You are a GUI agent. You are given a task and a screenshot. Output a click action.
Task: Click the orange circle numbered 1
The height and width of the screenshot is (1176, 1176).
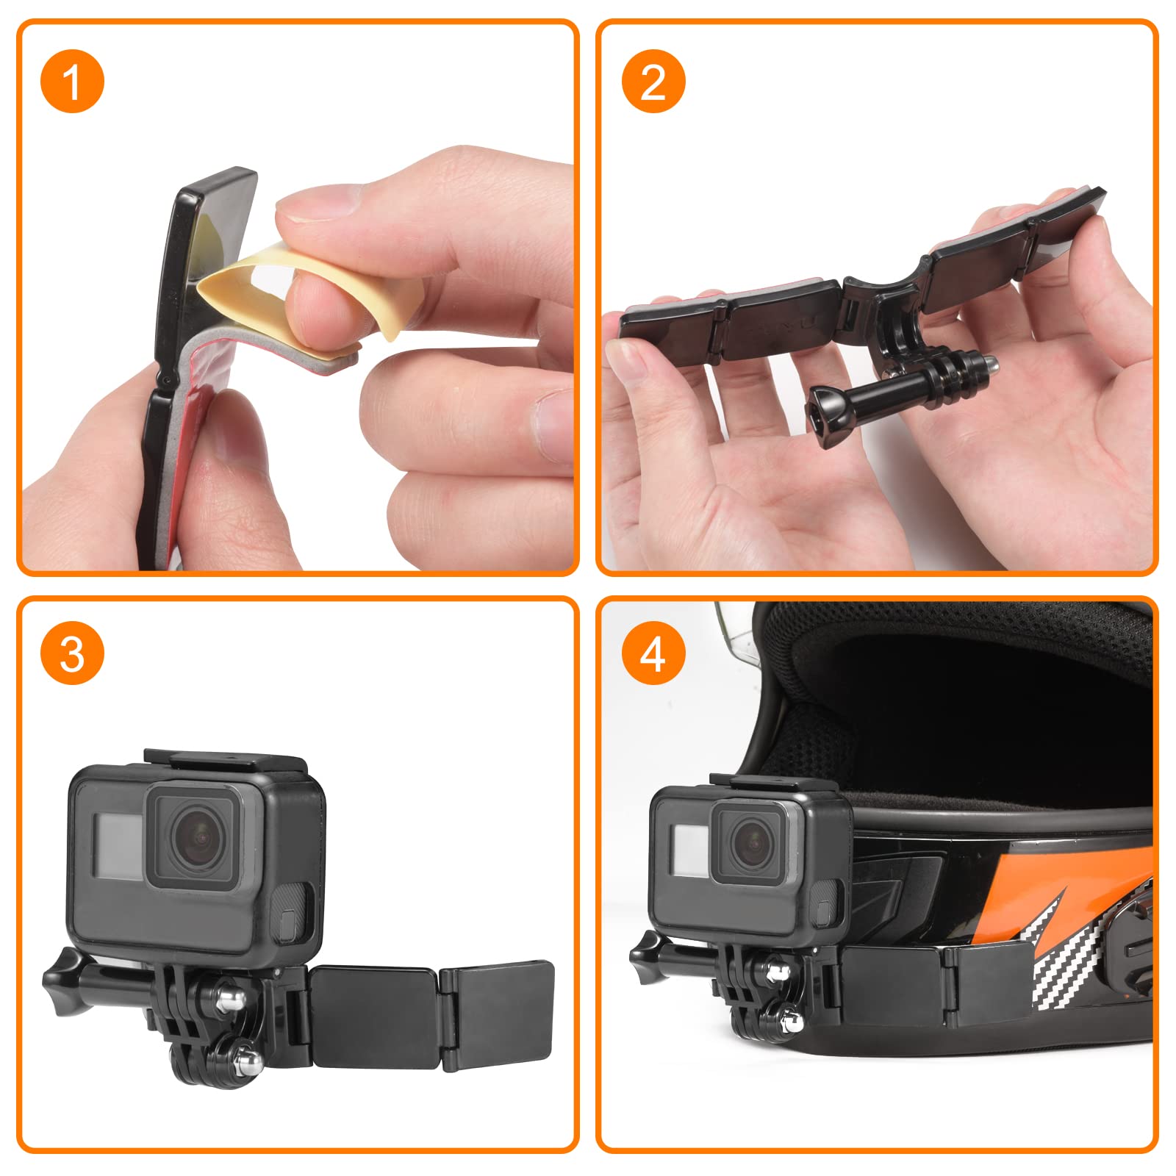tap(72, 81)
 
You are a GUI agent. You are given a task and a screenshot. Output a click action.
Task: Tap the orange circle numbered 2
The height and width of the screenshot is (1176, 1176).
tap(653, 81)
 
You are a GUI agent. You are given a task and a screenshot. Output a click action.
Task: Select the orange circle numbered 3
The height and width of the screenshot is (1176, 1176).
tap(72, 653)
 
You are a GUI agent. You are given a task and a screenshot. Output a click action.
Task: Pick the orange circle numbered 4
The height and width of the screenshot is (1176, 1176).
tap(653, 653)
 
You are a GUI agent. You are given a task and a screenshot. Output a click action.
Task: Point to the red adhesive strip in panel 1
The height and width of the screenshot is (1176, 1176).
tap(202, 412)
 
